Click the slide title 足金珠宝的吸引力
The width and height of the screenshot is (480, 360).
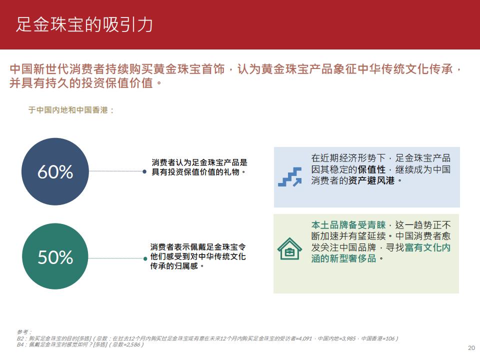point(84,24)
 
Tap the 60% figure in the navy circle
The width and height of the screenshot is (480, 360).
point(55,171)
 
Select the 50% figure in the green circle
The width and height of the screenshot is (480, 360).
point(55,257)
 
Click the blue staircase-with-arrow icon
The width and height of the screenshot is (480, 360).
point(290,176)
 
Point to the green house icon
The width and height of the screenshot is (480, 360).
point(289,249)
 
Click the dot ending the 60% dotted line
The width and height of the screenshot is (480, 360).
point(144,171)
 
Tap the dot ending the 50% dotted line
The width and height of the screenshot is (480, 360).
point(145,258)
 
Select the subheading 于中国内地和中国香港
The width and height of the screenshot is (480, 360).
point(68,110)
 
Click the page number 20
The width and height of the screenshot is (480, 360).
point(471,348)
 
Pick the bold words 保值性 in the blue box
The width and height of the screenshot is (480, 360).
point(371,169)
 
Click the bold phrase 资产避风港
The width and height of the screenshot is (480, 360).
point(371,180)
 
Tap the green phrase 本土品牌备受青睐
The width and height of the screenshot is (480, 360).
point(348,225)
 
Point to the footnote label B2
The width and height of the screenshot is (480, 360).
point(20,338)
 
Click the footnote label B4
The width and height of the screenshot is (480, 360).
point(20,344)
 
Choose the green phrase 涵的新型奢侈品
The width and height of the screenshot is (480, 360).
point(344,258)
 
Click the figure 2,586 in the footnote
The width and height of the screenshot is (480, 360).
point(133,344)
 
